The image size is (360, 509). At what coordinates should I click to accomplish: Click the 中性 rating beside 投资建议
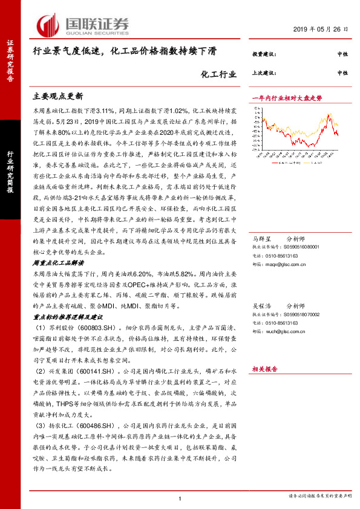[342, 54]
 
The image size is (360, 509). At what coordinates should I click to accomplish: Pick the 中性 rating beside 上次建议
[342, 73]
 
